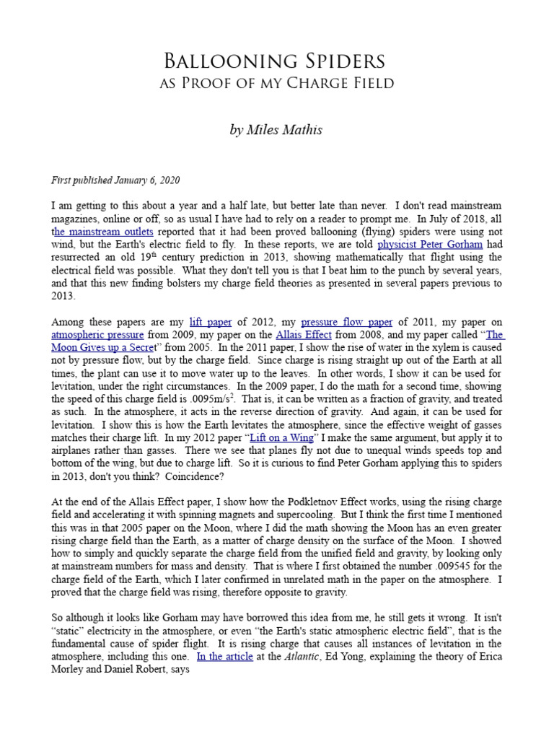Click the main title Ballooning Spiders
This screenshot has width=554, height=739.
pyautogui.click(x=276, y=60)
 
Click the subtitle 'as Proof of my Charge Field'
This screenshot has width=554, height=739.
pyautogui.click(x=276, y=84)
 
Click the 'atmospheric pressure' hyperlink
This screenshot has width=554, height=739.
pyautogui.click(x=97, y=336)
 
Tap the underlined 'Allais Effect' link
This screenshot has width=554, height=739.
pyautogui.click(x=304, y=336)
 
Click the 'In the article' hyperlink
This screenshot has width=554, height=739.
pyautogui.click(x=224, y=657)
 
